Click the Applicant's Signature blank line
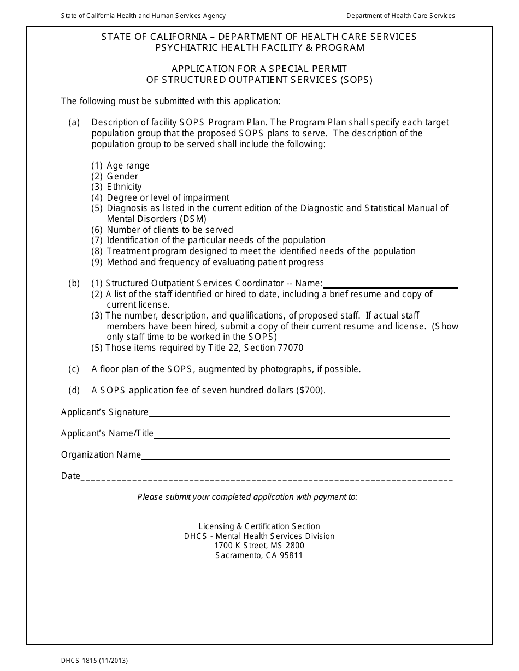pyautogui.click(x=299, y=416)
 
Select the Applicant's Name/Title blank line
pyautogui.click(x=302, y=437)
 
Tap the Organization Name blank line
pyautogui.click(x=295, y=458)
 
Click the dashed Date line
pyautogui.click(x=267, y=478)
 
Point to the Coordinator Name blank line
pyautogui.click(x=390, y=287)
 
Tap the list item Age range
pyautogui.click(x=128, y=165)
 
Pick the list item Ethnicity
pyautogui.click(x=124, y=187)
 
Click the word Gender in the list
pyautogui.click(x=122, y=176)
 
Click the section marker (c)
pyautogui.click(x=74, y=369)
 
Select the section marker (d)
pyautogui.click(x=74, y=390)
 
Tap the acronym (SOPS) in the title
pyautogui.click(x=355, y=80)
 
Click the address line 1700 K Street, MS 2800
pyautogui.click(x=259, y=545)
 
